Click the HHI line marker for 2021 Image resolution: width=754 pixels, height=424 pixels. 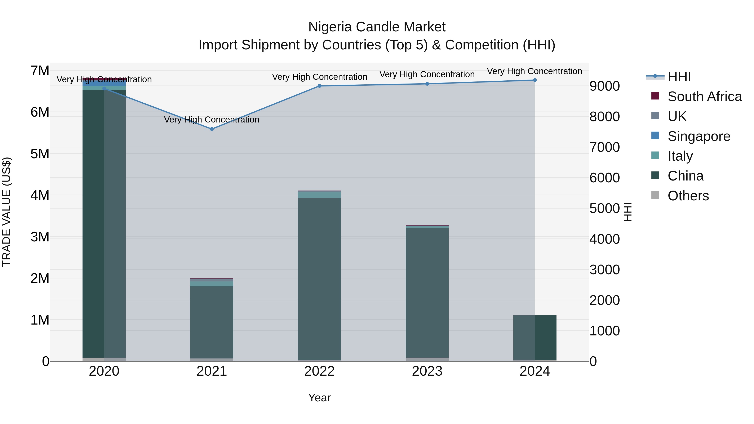tap(212, 129)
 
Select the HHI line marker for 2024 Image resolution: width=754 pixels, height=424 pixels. tap(535, 80)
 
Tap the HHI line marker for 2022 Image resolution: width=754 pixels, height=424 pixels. tap(319, 86)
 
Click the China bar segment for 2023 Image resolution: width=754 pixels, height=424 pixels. tap(427, 293)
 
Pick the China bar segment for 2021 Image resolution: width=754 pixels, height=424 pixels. tap(212, 322)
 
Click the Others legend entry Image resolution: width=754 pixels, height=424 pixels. tap(688, 196)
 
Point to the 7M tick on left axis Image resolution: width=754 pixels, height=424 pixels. tap(40, 71)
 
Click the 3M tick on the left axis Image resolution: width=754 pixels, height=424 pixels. tap(40, 237)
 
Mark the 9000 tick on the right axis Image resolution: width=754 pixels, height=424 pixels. tap(604, 86)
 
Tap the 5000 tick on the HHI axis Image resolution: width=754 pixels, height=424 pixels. tap(604, 208)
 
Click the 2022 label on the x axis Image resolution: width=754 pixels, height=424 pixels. tap(319, 371)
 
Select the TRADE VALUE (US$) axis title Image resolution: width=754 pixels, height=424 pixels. tap(6, 212)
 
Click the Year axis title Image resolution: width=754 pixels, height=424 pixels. tap(319, 398)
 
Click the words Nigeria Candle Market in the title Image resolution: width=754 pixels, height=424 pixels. tap(377, 27)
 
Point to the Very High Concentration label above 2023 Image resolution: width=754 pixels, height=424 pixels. tap(427, 74)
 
